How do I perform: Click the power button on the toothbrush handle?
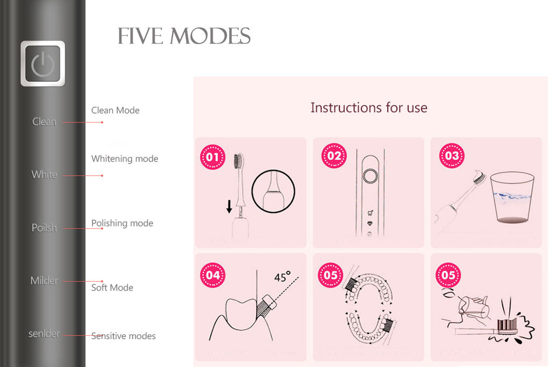tap(43, 64)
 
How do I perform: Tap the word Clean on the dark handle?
tap(44, 122)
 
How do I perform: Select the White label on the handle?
tap(44, 175)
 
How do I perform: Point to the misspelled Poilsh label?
tap(44, 228)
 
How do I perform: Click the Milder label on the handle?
tap(44, 280)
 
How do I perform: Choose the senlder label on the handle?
tap(44, 334)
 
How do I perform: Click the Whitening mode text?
tap(125, 159)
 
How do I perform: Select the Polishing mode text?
tap(122, 223)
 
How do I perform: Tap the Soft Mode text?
tap(112, 287)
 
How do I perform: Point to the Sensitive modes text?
tap(124, 336)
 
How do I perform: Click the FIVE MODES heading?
tap(184, 37)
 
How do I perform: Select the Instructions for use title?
tap(369, 107)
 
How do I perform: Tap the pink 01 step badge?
tap(213, 157)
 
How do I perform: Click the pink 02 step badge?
tap(334, 156)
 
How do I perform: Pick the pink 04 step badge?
tap(213, 275)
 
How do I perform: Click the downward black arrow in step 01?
tap(229, 206)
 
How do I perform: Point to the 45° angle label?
tap(282, 277)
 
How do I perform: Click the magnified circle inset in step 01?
tap(273, 191)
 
